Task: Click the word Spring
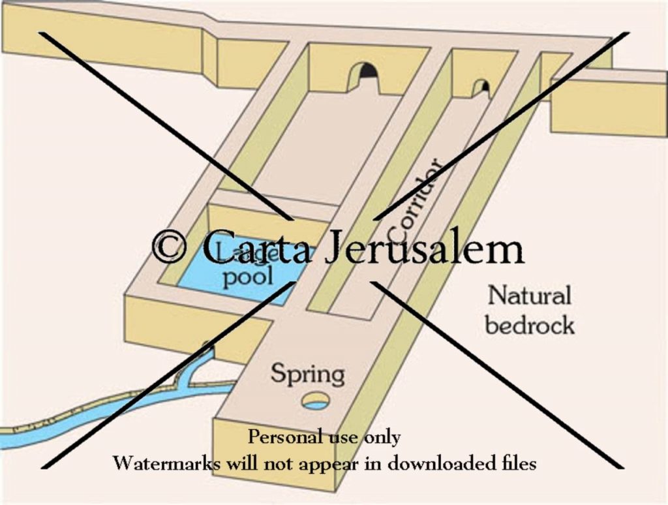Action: tap(307, 375)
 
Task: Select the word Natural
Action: tap(529, 296)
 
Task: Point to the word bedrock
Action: tap(530, 324)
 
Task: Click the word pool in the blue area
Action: tap(247, 277)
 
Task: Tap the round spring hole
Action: tap(316, 400)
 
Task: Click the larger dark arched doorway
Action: tap(367, 72)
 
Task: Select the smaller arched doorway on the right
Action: tap(481, 87)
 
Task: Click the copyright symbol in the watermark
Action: tap(169, 247)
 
